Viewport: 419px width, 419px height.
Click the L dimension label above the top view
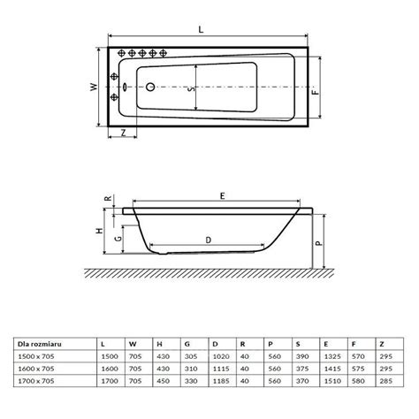click(x=201, y=29)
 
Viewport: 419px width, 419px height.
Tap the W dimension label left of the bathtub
click(x=94, y=87)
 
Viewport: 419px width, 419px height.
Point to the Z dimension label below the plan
click(x=124, y=133)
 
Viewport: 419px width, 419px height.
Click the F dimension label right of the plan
click(x=316, y=90)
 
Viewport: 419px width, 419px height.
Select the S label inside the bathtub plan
click(x=191, y=88)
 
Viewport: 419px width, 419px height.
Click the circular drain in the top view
click(x=150, y=87)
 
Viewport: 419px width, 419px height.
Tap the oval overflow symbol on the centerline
click(x=125, y=87)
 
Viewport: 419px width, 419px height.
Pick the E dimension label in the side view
click(x=223, y=195)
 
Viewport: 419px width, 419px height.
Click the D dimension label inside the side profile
click(x=209, y=240)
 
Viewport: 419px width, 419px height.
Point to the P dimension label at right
click(x=319, y=243)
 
